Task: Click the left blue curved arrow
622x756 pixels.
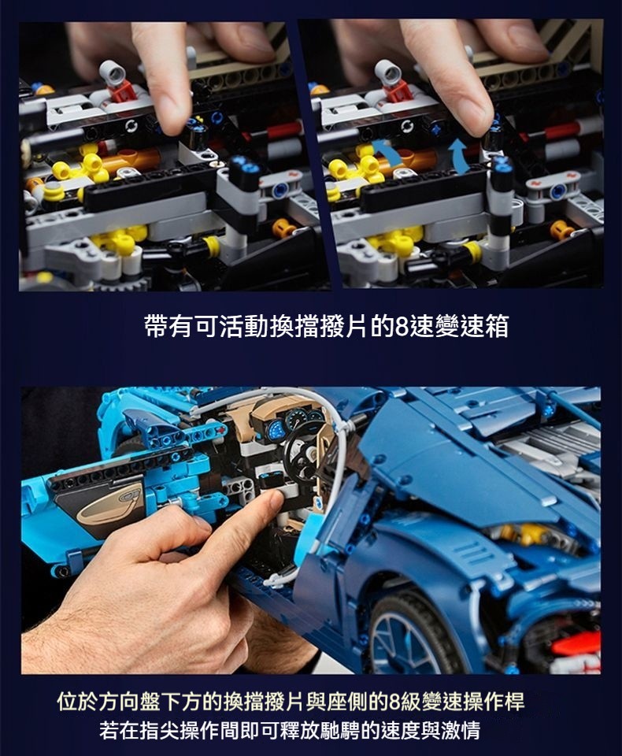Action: click(387, 154)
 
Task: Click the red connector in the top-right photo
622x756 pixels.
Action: click(398, 91)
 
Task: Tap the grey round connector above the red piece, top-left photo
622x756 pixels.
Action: click(113, 72)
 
